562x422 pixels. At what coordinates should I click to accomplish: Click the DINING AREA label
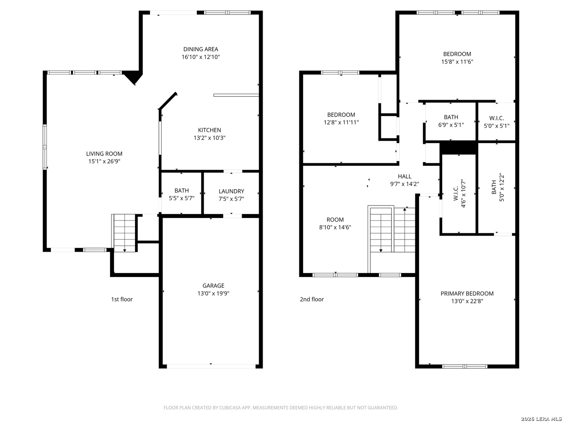[x=201, y=49]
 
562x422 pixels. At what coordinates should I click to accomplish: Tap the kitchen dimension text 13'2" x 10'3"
[x=210, y=138]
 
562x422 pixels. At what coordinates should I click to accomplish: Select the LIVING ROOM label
[x=104, y=154]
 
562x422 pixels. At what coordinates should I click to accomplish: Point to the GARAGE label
[x=213, y=286]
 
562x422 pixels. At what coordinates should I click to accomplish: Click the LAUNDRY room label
[x=231, y=191]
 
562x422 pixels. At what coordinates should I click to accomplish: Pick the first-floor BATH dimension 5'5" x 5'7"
[x=181, y=198]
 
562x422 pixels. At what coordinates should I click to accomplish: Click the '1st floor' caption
[x=122, y=299]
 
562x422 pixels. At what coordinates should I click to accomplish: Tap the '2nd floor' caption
[x=312, y=299]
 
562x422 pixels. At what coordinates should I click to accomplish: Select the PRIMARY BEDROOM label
[x=467, y=293]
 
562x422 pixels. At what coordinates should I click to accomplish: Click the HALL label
[x=405, y=177]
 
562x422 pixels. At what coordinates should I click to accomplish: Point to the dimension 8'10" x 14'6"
[x=335, y=227]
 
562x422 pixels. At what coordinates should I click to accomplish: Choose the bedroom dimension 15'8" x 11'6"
[x=457, y=62]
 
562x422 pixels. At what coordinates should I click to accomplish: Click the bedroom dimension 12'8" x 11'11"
[x=341, y=122]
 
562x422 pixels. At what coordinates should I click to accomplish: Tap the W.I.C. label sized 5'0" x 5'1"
[x=496, y=118]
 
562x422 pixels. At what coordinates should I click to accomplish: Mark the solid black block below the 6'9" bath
[x=459, y=148]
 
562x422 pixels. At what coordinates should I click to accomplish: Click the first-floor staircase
[x=124, y=232]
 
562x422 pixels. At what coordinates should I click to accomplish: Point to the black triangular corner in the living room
[x=133, y=77]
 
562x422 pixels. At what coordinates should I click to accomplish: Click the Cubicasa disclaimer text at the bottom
[x=281, y=408]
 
